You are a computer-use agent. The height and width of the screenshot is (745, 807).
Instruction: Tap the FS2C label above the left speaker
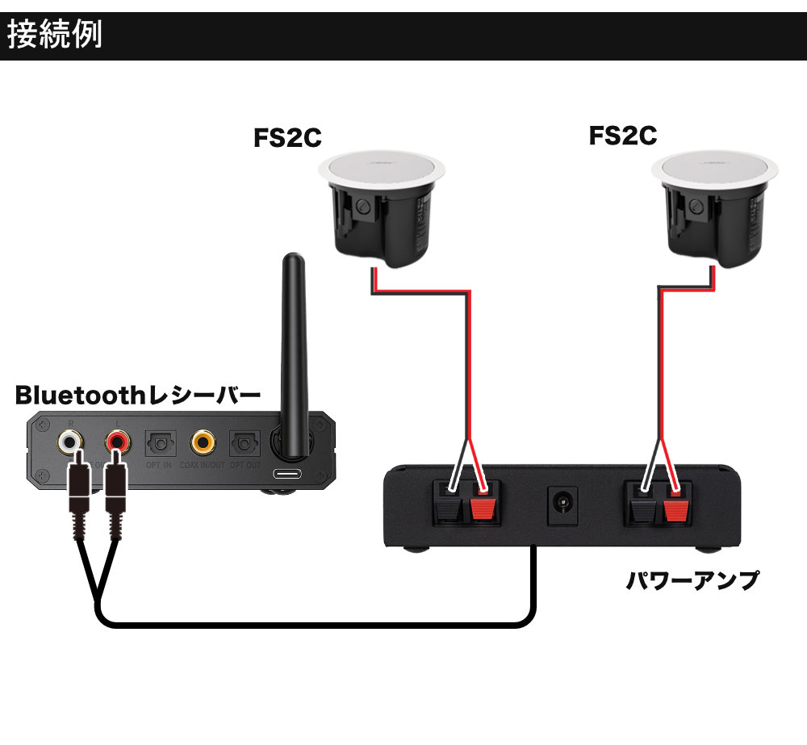(x=287, y=138)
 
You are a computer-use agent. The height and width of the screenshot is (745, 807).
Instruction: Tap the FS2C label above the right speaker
(x=622, y=135)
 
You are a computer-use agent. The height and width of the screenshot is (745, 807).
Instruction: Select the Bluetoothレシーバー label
(x=138, y=396)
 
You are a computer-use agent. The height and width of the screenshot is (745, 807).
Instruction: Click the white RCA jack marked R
(x=69, y=442)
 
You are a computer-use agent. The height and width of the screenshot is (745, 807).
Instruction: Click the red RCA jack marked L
(x=117, y=442)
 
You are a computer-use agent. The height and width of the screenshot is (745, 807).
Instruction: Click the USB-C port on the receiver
(x=287, y=474)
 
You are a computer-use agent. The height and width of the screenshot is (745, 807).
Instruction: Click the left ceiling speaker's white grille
(x=382, y=168)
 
